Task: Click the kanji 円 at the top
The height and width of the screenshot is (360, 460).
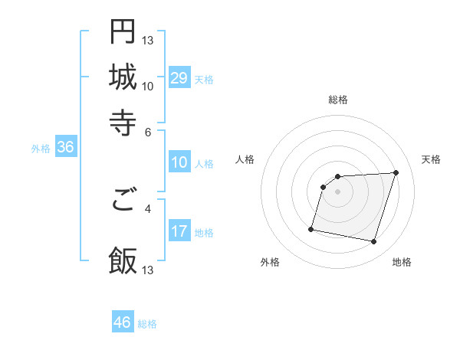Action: pos(123,32)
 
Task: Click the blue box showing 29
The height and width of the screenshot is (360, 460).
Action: pos(179,77)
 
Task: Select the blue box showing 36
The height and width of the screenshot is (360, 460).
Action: pos(64,148)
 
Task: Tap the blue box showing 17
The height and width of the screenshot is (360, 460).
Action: pos(179,231)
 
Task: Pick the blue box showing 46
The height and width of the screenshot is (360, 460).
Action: pos(123,322)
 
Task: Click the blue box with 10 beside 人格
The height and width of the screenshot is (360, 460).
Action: pos(179,162)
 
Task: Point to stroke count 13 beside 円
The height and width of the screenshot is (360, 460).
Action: pos(149,41)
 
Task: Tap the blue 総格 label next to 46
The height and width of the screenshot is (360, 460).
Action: pos(147,324)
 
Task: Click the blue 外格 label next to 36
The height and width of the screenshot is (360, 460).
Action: pos(40,149)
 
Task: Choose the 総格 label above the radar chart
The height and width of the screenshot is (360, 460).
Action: pos(338,100)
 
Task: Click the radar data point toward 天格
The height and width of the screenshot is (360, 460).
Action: pos(396,172)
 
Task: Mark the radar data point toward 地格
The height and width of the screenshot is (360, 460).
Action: pos(374,242)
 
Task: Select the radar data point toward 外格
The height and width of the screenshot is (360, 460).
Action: pos(311,228)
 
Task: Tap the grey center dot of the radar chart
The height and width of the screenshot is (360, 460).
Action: pos(337,191)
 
